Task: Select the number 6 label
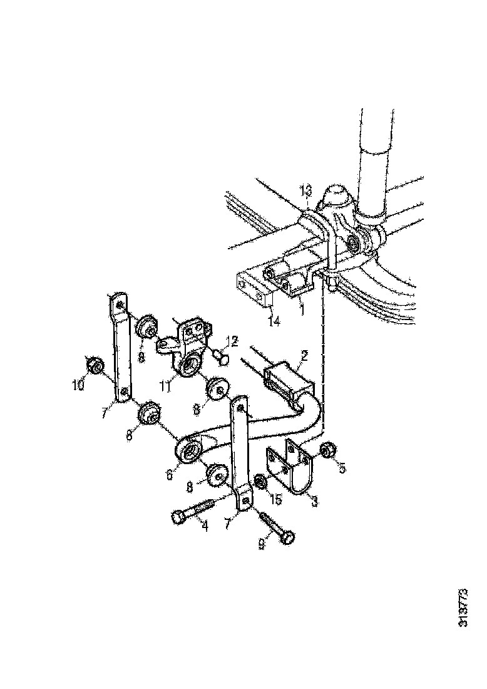coord(169,475)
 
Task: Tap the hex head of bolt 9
coord(288,538)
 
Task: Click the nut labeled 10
coord(94,365)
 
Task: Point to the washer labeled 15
coord(260,483)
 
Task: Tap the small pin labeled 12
coord(220,356)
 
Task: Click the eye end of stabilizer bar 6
coord(187,450)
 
